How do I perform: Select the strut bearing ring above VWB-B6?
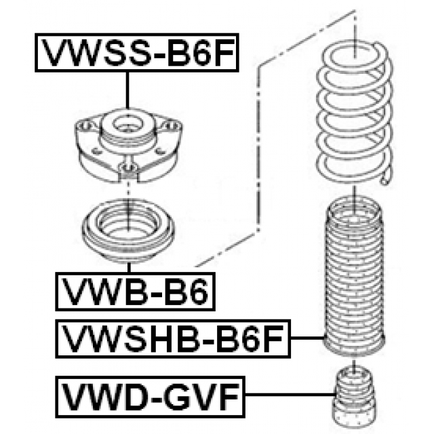[x=127, y=231]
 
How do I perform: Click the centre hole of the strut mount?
[x=127, y=126]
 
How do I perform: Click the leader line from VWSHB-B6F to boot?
[x=305, y=337]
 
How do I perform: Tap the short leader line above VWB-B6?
[x=127, y=267]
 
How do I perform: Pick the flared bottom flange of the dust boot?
[x=354, y=346]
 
